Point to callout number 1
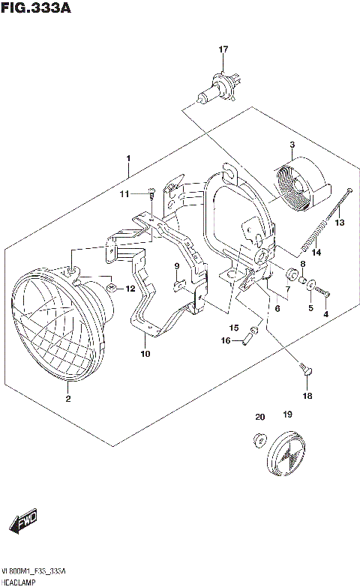[x=128, y=158]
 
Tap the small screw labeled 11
[x=152, y=195]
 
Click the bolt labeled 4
[x=325, y=292]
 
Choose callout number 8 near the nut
[x=302, y=264]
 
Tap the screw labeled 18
[x=304, y=369]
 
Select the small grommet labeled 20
[x=260, y=439]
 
